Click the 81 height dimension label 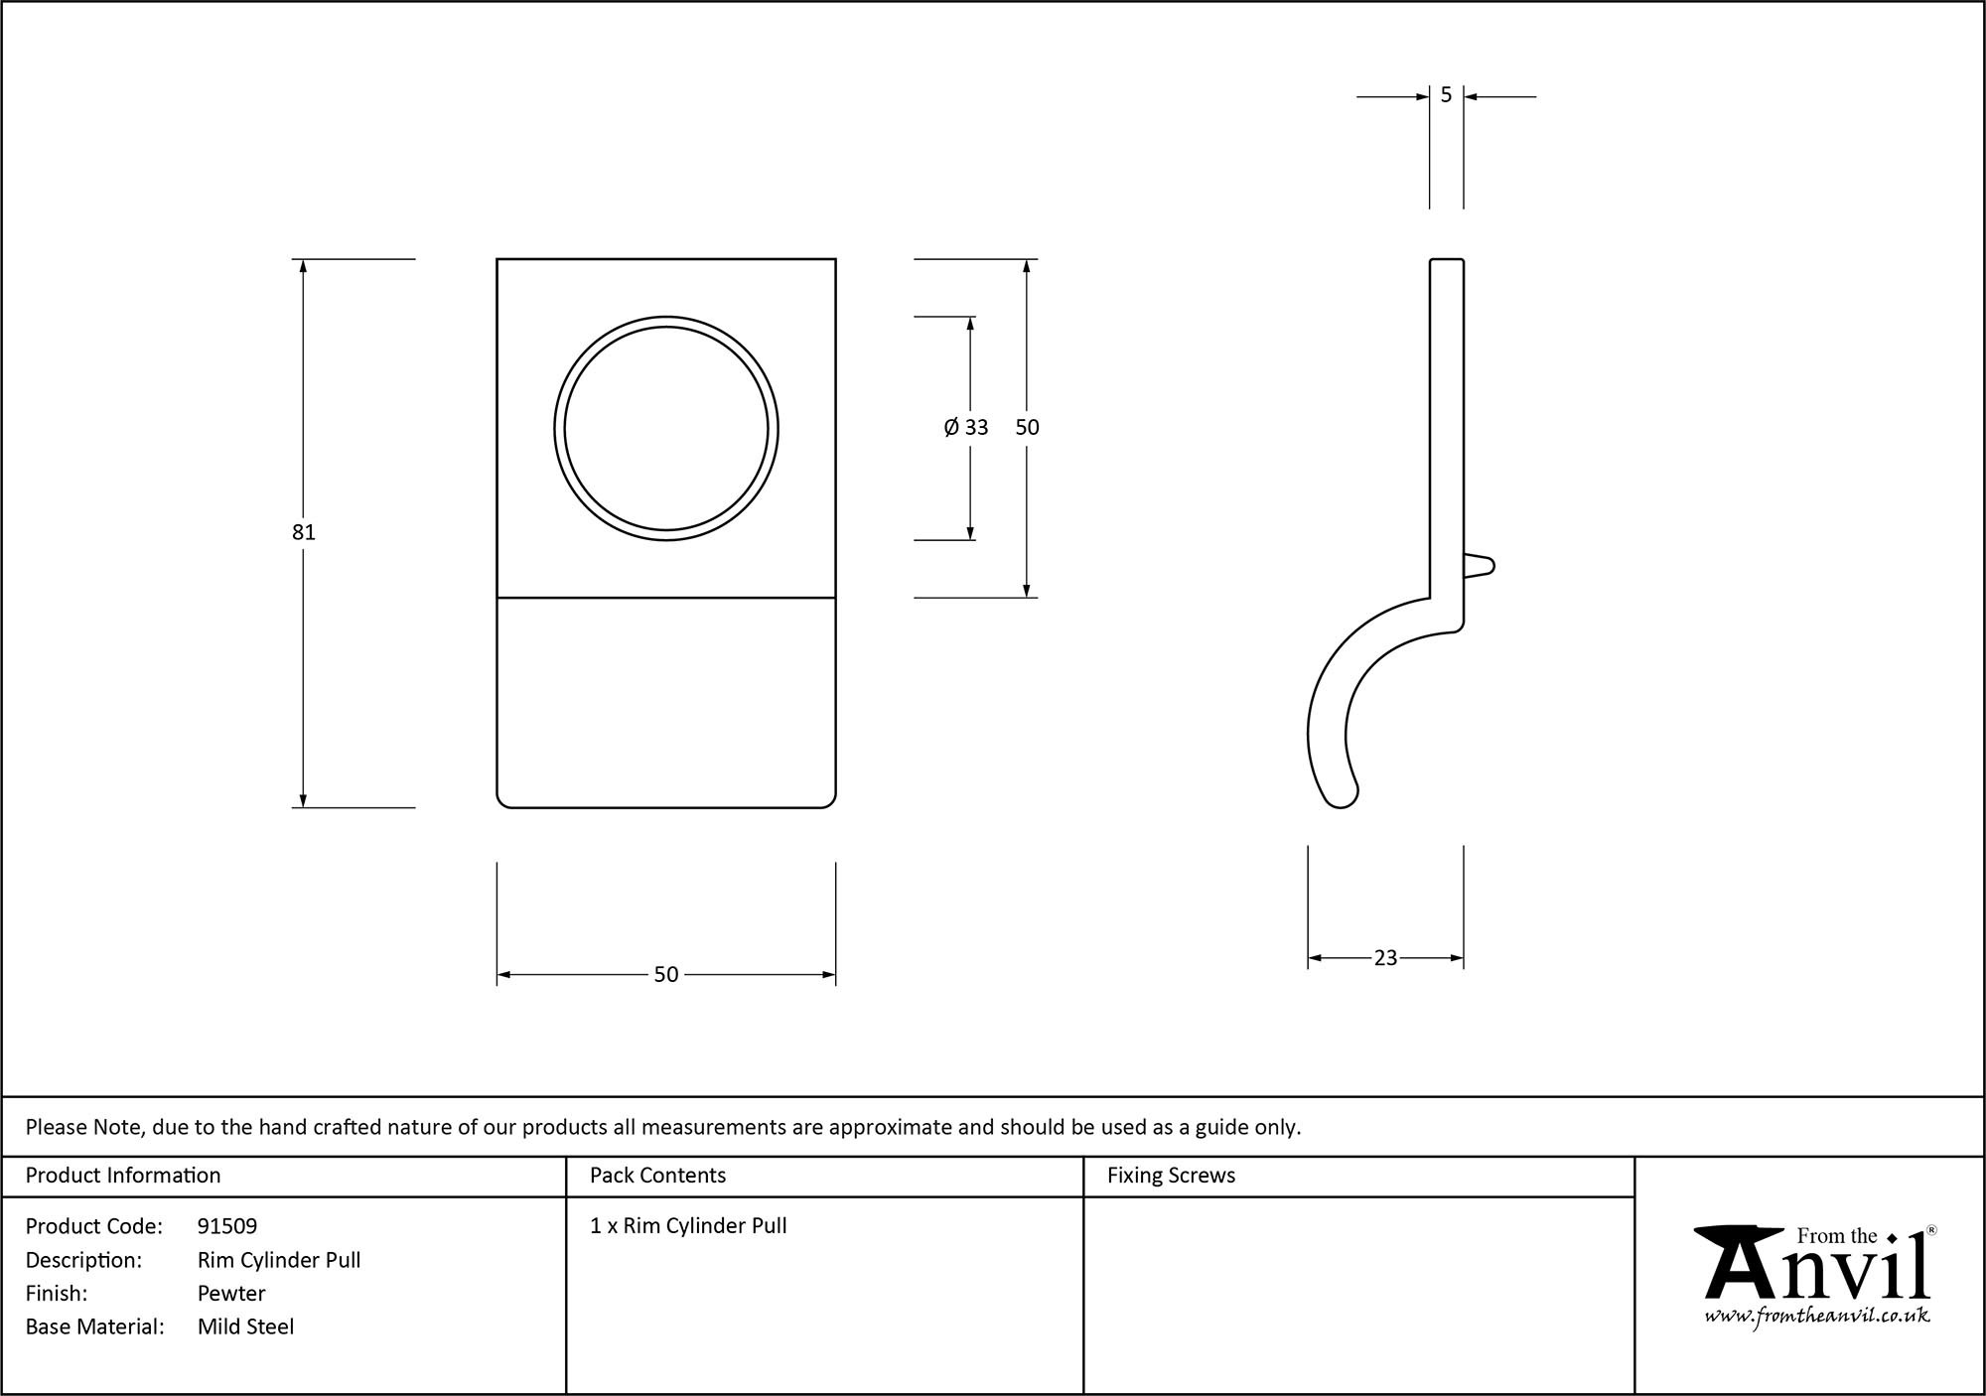point(303,532)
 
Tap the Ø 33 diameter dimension point(966,427)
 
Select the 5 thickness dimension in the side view point(1446,95)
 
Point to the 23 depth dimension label point(1385,958)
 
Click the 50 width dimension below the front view point(665,975)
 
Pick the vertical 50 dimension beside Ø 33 point(1027,427)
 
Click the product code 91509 point(227,1226)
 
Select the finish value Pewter point(231,1293)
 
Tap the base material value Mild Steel point(245,1326)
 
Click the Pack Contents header point(657,1176)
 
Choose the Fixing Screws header point(1171,1176)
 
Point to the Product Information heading point(123,1176)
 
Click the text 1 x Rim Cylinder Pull point(688,1226)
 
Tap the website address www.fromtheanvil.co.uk point(1817,1317)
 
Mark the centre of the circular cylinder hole point(666,429)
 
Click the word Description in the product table point(83,1260)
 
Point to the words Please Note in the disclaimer point(85,1127)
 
